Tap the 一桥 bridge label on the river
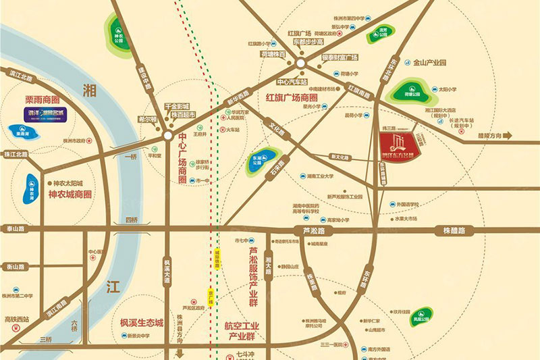point(130,156)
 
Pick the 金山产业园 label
point(425,62)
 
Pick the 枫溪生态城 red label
point(142,323)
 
